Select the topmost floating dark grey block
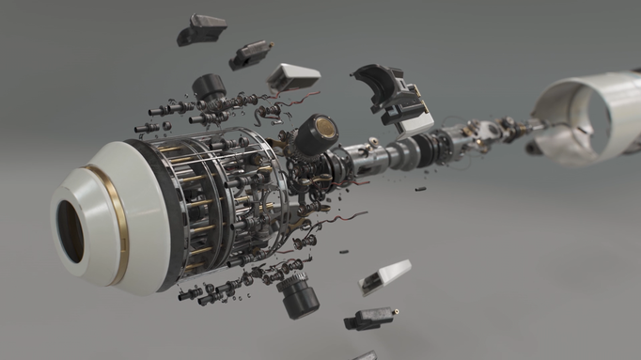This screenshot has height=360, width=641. [200, 29]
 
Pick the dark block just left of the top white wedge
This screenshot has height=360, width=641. [249, 55]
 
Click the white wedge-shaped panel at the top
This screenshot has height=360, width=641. [293, 76]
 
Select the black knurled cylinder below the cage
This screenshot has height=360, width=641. [297, 296]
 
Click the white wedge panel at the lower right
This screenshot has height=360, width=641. [383, 277]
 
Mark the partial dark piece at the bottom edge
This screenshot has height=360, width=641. [365, 356]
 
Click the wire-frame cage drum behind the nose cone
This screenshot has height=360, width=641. [221, 202]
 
